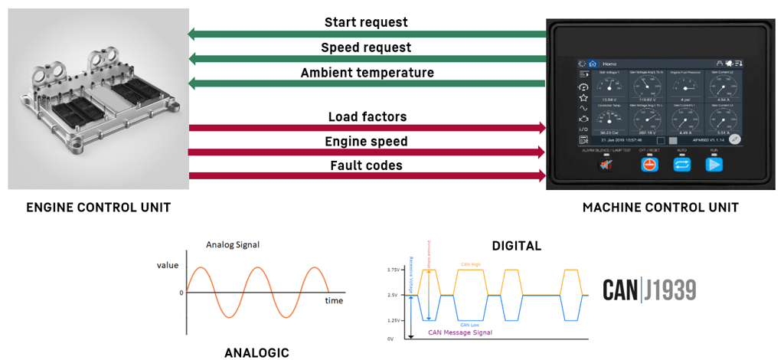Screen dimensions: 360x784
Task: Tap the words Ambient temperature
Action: (367, 74)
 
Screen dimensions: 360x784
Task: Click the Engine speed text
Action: (366, 142)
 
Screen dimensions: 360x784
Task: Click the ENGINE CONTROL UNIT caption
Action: (98, 208)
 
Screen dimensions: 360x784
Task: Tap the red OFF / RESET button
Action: (649, 164)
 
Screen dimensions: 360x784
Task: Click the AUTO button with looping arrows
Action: (681, 164)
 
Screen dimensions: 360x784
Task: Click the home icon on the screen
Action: (593, 64)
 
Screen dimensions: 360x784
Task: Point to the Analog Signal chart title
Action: (233, 245)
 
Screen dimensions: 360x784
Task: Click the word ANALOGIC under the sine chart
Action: (256, 352)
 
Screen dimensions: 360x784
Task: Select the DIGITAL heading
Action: (516, 246)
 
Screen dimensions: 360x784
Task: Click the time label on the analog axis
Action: (334, 301)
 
